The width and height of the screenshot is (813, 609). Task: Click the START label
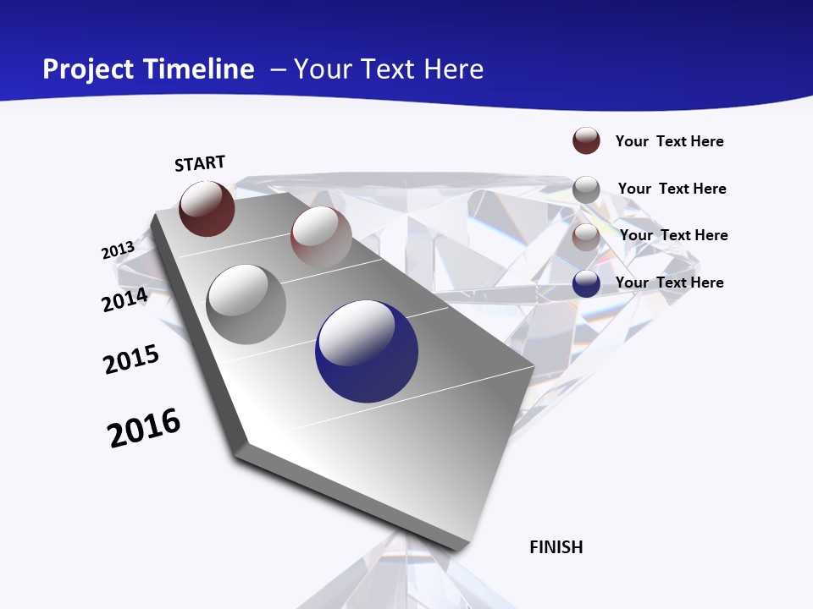200,163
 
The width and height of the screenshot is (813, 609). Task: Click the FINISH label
556,547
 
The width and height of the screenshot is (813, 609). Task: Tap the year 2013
118,250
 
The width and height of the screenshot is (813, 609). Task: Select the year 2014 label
125,299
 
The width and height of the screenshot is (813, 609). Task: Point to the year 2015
131,359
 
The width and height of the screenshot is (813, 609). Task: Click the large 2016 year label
144,428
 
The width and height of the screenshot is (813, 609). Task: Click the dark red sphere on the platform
207,208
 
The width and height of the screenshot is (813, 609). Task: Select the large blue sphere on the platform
366,351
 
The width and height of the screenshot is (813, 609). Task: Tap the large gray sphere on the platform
246,304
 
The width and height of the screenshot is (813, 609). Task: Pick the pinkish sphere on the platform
321,236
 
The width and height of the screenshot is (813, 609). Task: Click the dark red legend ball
586,140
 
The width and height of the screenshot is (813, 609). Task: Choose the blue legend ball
586,283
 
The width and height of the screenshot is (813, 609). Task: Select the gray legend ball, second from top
586,189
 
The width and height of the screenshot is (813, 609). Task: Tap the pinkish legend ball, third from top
586,237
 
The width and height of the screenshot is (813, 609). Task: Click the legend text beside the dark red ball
669,141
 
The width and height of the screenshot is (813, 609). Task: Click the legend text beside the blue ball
669,283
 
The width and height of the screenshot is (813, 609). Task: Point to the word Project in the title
89,69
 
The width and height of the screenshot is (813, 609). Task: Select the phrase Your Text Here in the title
389,69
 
